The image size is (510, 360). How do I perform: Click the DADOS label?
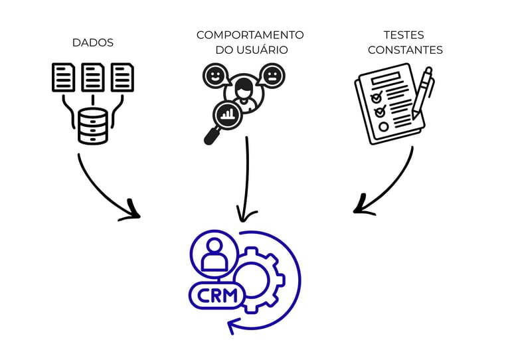click(93, 43)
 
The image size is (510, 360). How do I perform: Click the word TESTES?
click(404, 35)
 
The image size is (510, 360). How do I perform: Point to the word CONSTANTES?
click(404, 50)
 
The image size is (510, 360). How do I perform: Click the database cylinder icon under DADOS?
click(93, 126)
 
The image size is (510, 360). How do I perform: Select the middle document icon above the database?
click(93, 77)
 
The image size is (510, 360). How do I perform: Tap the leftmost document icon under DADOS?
click(64, 77)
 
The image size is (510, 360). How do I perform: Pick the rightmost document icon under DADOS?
click(122, 77)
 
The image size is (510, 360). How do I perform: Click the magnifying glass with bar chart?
click(224, 118)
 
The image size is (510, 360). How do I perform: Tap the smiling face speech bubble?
click(215, 75)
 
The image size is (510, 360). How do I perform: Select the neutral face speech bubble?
click(272, 75)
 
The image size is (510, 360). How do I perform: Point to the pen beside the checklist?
click(422, 93)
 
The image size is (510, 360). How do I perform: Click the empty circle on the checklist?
click(383, 126)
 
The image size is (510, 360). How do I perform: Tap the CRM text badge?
click(215, 296)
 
